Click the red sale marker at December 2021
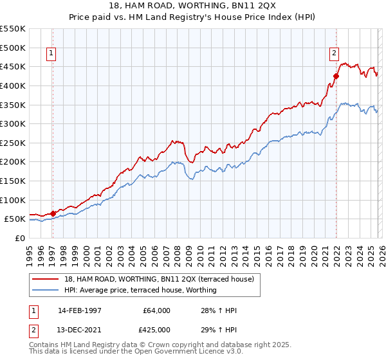[336, 76]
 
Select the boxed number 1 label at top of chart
[51, 54]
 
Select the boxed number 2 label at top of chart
[335, 54]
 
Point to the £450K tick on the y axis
[13, 66]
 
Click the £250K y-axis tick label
[13, 143]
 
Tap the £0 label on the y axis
[20, 238]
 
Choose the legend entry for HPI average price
[140, 290]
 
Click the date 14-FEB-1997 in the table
[79, 310]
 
